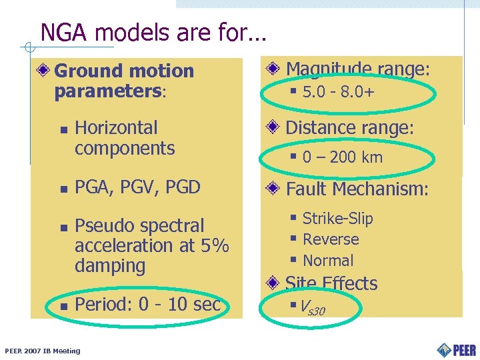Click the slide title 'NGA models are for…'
(153, 32)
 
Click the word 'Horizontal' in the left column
(116, 127)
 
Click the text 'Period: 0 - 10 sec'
(147, 305)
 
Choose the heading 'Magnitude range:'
(357, 69)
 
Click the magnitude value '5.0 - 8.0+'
(338, 91)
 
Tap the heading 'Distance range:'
(350, 127)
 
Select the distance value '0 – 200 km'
(342, 157)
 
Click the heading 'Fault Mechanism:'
(357, 189)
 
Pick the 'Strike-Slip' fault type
(337, 218)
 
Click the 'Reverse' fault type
(331, 239)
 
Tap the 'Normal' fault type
(328, 260)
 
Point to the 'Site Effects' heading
(331, 283)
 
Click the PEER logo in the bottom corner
(457, 349)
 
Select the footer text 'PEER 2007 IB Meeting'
(42, 351)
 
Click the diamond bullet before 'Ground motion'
(45, 71)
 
